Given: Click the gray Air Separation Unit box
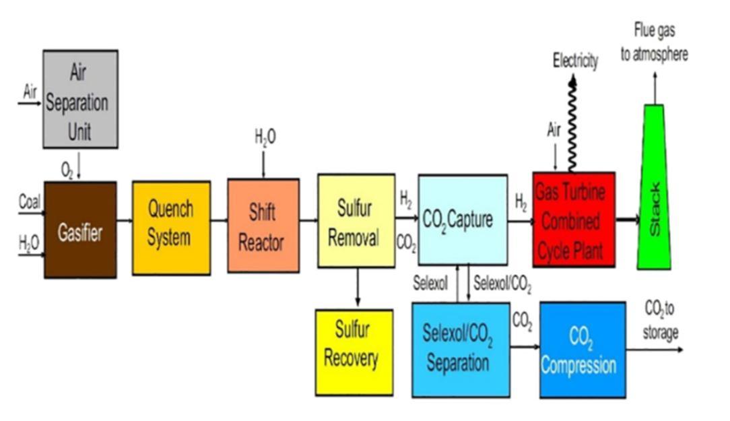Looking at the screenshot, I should pyautogui.click(x=80, y=99).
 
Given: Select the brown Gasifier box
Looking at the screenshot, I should pyautogui.click(x=80, y=230).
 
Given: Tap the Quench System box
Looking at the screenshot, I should pyautogui.click(x=171, y=228).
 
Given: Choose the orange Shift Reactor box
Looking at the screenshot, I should pyautogui.click(x=263, y=226).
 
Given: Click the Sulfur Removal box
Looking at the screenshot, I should pyautogui.click(x=356, y=221).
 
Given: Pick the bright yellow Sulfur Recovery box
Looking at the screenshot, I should pyautogui.click(x=354, y=352).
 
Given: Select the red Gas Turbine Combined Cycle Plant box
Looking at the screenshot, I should pyautogui.click(x=573, y=219).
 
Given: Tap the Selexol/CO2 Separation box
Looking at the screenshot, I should pyautogui.click(x=461, y=349).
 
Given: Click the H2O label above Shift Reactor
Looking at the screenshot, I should pyautogui.click(x=265, y=137).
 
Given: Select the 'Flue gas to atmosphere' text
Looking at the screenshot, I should pyautogui.click(x=654, y=42).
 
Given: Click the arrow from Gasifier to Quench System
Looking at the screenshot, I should pyautogui.click(x=125, y=220).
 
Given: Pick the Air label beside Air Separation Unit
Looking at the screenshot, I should pyautogui.click(x=30, y=92).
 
